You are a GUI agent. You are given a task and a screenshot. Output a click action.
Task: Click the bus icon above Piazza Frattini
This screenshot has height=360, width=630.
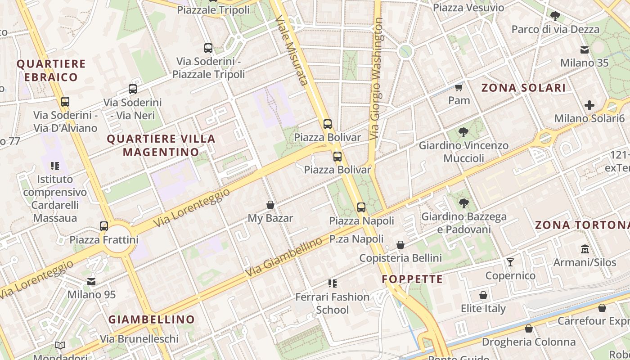pyautogui.click(x=104, y=226)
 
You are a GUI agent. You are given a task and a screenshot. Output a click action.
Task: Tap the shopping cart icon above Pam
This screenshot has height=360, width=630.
pyautogui.click(x=459, y=87)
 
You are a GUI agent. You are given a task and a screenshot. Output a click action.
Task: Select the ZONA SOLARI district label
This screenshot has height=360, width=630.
pyautogui.click(x=523, y=88)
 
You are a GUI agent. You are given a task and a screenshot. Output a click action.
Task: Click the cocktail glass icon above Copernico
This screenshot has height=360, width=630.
pyautogui.click(x=510, y=262)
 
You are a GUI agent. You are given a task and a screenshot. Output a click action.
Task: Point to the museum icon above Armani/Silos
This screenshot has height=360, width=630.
pyautogui.click(x=585, y=249)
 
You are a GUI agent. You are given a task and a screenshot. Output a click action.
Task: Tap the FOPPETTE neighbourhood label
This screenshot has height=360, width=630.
pyautogui.click(x=412, y=279)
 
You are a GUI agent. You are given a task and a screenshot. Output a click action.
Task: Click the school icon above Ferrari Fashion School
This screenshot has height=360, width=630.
pyautogui.click(x=332, y=283)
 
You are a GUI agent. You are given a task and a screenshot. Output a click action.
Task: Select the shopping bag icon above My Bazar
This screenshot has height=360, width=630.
pyautogui.click(x=270, y=205)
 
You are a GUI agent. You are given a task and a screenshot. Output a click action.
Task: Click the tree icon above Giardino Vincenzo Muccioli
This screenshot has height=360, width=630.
pyautogui.click(x=463, y=132)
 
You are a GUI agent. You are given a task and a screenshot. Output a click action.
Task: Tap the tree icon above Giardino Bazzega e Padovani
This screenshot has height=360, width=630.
pyautogui.click(x=463, y=203)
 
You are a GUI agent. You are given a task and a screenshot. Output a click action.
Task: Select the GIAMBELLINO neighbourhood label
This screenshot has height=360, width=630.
pyautogui.click(x=152, y=319)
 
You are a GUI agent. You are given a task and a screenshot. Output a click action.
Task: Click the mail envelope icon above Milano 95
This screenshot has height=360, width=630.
pyautogui.click(x=91, y=282)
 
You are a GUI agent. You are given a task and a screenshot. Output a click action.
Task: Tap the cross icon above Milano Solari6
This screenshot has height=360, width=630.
pyautogui.click(x=589, y=105)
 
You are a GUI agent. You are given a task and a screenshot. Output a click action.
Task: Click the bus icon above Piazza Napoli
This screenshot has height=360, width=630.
pyautogui.click(x=361, y=207)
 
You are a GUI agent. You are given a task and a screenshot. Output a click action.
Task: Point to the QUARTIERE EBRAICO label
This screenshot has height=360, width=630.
pyautogui.click(x=51, y=70)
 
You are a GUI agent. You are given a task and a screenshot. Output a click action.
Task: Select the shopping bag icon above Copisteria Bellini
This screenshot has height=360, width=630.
pyautogui.click(x=400, y=245)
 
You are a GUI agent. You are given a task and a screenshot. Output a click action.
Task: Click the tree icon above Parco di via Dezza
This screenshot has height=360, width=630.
pyautogui.click(x=555, y=17)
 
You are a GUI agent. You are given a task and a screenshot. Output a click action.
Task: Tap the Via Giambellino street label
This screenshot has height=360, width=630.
pyautogui.click(x=284, y=257)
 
